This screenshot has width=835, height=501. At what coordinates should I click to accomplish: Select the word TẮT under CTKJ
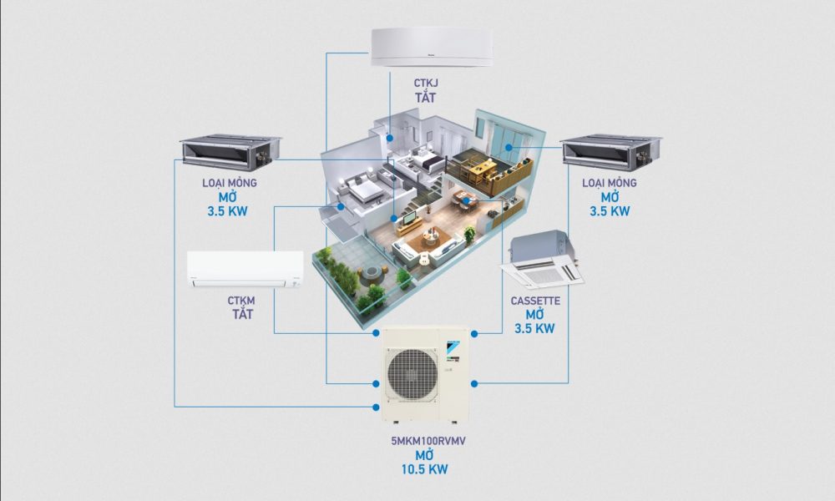(x=428, y=99)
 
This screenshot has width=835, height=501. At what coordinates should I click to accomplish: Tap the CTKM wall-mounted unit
(x=245, y=270)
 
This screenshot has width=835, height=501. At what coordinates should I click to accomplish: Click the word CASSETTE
(x=535, y=299)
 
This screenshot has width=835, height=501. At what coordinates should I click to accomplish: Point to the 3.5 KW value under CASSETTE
(x=534, y=329)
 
